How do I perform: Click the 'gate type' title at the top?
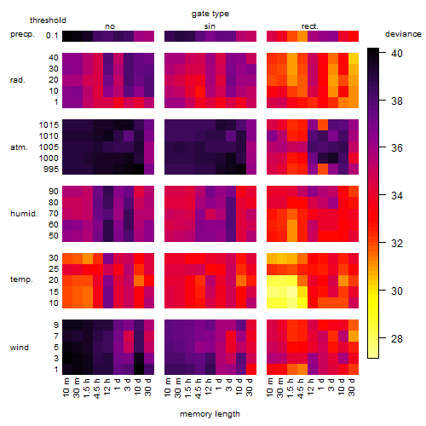point(210,14)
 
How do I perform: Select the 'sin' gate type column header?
point(210,26)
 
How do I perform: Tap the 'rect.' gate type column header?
point(309,26)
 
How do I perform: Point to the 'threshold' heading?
point(48,20)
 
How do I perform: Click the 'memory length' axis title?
point(210,414)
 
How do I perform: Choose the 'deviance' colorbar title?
point(403,34)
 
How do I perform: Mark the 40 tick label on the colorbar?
point(397,53)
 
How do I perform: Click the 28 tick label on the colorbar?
point(397,338)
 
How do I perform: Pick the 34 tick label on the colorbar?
point(397,196)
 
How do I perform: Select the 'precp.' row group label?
point(22,34)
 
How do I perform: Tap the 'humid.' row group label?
point(24,214)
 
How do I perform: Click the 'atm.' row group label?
point(19,147)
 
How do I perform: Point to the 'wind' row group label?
point(20,348)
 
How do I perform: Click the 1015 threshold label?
point(49,125)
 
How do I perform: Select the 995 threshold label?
point(51,170)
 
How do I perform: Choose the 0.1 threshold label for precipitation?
point(52,36)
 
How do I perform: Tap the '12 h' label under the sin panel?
point(208,387)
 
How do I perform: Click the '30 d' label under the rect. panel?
point(351,387)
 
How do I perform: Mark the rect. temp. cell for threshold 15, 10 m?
point(272,291)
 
